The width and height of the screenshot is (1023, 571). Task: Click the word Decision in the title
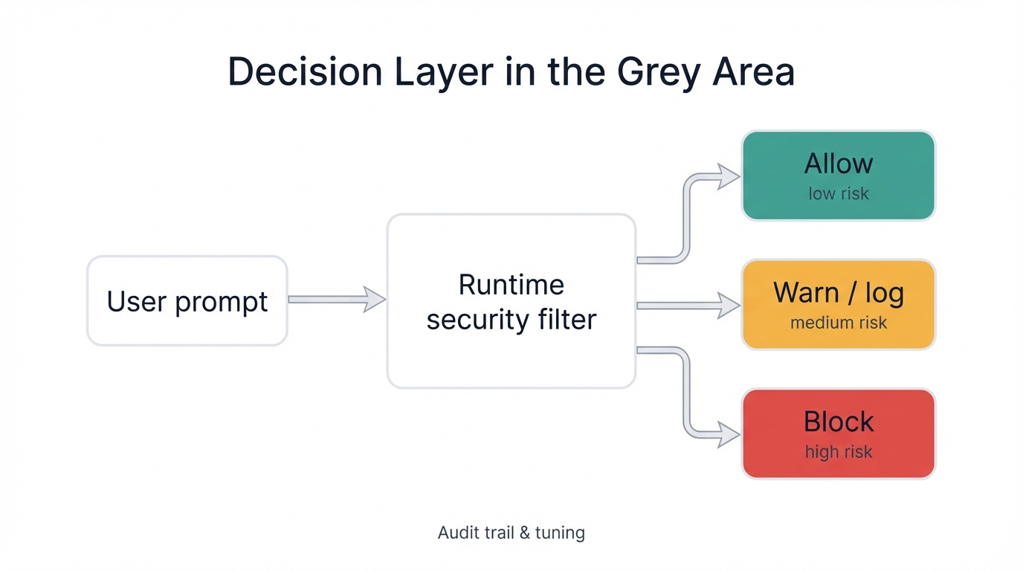coord(305,73)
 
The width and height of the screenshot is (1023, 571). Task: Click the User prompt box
coord(187,301)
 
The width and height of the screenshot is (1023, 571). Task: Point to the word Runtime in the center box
coord(511,285)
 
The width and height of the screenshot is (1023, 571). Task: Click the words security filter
coord(511,320)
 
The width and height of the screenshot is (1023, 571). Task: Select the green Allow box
coord(838,176)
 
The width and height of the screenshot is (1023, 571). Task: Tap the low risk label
coord(838,194)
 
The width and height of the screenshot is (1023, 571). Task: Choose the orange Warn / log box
coord(838,305)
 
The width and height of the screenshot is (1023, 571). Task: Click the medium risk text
coord(838,323)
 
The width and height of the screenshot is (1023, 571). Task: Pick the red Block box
coord(838,433)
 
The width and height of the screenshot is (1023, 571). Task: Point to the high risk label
coord(838,452)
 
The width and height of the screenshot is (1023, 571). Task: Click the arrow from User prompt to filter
coord(336,300)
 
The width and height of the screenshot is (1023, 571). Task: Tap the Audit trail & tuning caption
coord(511,533)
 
